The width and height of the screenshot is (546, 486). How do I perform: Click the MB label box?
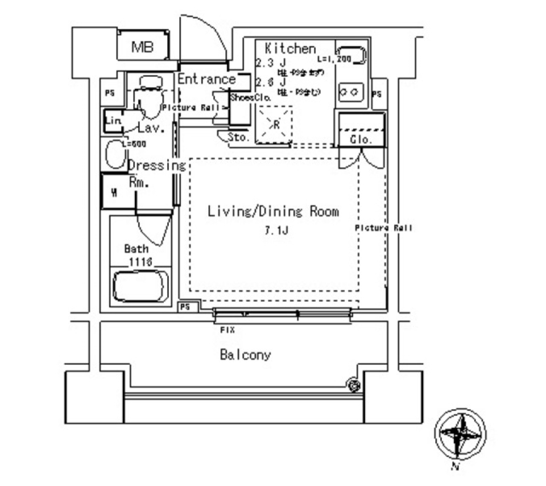pyautogui.click(x=143, y=47)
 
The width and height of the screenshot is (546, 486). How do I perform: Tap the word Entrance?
pyautogui.click(x=206, y=79)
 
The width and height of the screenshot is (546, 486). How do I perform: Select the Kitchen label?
pyautogui.click(x=290, y=48)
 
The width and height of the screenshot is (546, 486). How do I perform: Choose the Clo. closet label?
pyautogui.click(x=361, y=139)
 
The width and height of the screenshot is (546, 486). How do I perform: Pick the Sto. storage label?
pyautogui.click(x=238, y=137)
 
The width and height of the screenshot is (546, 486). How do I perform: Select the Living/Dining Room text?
pyautogui.click(x=273, y=212)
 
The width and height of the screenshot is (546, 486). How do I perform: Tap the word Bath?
pyautogui.click(x=136, y=249)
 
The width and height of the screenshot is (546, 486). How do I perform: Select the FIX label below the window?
pyautogui.click(x=227, y=330)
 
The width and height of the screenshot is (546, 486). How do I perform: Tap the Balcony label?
pyautogui.click(x=245, y=355)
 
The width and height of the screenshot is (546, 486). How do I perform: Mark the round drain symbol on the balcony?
pyautogui.click(x=354, y=386)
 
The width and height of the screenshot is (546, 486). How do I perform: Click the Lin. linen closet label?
pyautogui.click(x=113, y=121)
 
